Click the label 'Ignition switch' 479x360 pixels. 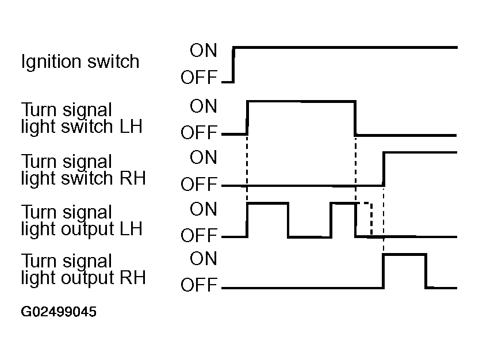point(80,62)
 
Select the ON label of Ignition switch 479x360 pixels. point(204,51)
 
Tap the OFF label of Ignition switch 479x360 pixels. point(199,77)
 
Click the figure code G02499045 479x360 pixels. point(59,312)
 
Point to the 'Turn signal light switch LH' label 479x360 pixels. point(82,118)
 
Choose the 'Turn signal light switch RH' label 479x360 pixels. point(83,170)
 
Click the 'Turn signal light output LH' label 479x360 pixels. point(82,221)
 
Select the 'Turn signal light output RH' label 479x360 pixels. point(83,270)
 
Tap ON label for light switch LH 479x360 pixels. point(204,106)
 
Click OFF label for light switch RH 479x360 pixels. point(199,184)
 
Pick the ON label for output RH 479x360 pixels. point(204,259)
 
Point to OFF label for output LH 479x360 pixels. point(199,236)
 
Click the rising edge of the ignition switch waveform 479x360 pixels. point(233,65)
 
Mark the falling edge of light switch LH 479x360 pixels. point(355,118)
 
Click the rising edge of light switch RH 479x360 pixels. point(384,168)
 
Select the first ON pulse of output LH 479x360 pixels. point(267,203)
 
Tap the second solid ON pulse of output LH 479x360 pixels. point(343,203)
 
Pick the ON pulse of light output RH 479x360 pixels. point(405,254)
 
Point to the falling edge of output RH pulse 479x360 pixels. point(426,271)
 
